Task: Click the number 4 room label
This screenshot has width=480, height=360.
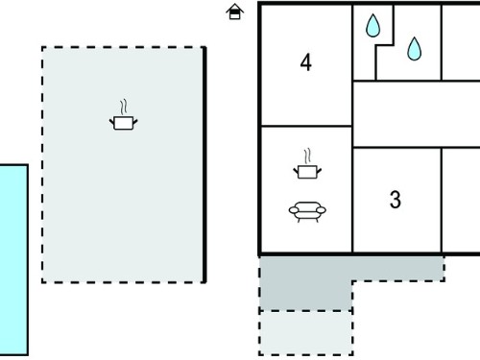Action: tap(306, 62)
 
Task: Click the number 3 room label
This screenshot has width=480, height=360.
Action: tap(396, 200)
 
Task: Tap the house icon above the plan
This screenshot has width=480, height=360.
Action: tap(234, 12)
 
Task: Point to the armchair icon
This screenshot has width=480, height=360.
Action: tap(307, 211)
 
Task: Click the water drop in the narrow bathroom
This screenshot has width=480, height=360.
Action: tap(373, 26)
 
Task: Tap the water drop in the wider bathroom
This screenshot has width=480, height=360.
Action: tap(415, 49)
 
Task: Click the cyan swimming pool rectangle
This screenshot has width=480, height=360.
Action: tap(13, 259)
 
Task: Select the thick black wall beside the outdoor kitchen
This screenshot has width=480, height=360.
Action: tap(204, 165)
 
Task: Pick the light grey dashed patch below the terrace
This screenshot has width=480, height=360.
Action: tap(306, 333)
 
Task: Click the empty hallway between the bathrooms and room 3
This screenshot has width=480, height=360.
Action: tap(416, 114)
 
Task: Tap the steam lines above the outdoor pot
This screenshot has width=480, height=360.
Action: tap(124, 107)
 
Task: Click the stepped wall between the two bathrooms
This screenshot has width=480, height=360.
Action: tap(385, 45)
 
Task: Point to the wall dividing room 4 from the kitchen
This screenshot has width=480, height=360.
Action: tap(306, 126)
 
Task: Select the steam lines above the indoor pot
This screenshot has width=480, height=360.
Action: tap(307, 156)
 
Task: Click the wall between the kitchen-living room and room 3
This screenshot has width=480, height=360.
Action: tap(352, 200)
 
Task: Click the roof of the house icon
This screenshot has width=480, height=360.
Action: tap(234, 8)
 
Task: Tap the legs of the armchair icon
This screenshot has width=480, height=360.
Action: tap(307, 219)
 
